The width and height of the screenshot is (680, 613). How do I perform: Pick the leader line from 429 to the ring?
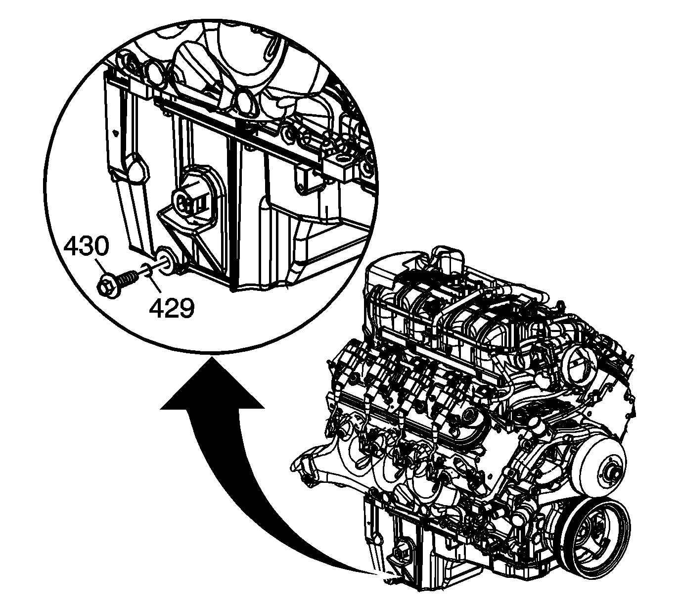point(155,283)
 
